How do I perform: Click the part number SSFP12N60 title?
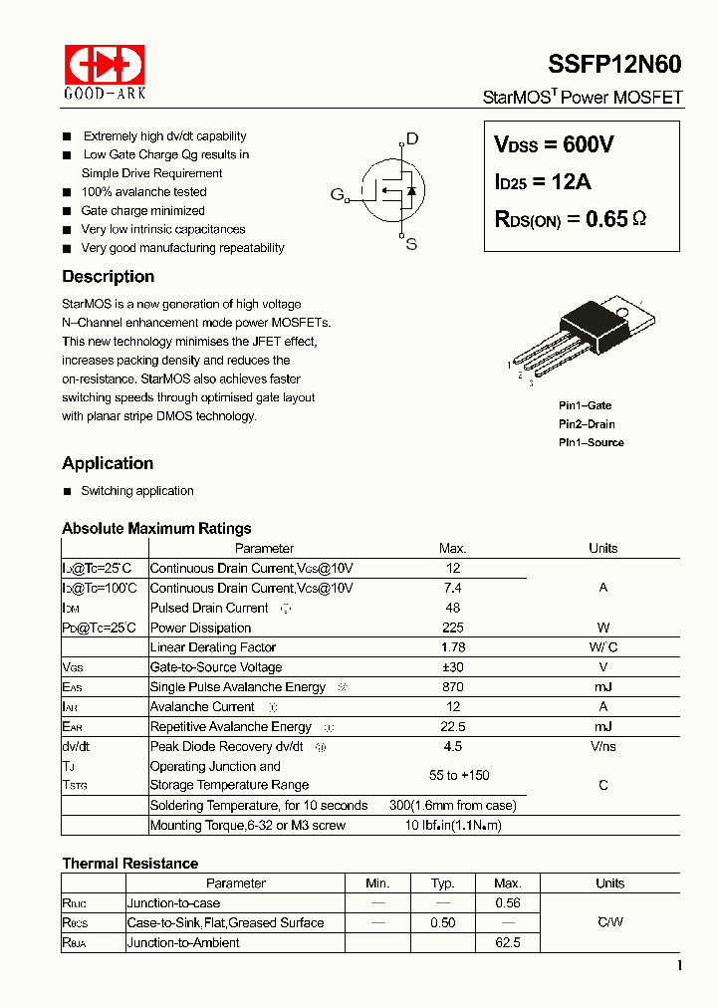(614, 65)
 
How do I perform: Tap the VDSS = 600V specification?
(554, 144)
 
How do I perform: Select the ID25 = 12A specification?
(543, 181)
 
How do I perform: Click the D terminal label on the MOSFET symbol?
(412, 139)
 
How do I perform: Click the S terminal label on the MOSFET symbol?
(411, 244)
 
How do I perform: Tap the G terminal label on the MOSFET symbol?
(337, 193)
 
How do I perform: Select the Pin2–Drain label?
(587, 424)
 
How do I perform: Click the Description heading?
(108, 277)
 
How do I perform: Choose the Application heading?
(108, 463)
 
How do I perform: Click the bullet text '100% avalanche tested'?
(144, 192)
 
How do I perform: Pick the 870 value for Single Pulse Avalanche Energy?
(452, 687)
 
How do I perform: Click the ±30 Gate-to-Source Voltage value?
(452, 667)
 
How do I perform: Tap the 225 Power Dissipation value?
(452, 628)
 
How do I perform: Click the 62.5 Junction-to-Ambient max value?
(508, 942)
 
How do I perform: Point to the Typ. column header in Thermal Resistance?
(443, 883)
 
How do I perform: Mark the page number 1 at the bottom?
(679, 965)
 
